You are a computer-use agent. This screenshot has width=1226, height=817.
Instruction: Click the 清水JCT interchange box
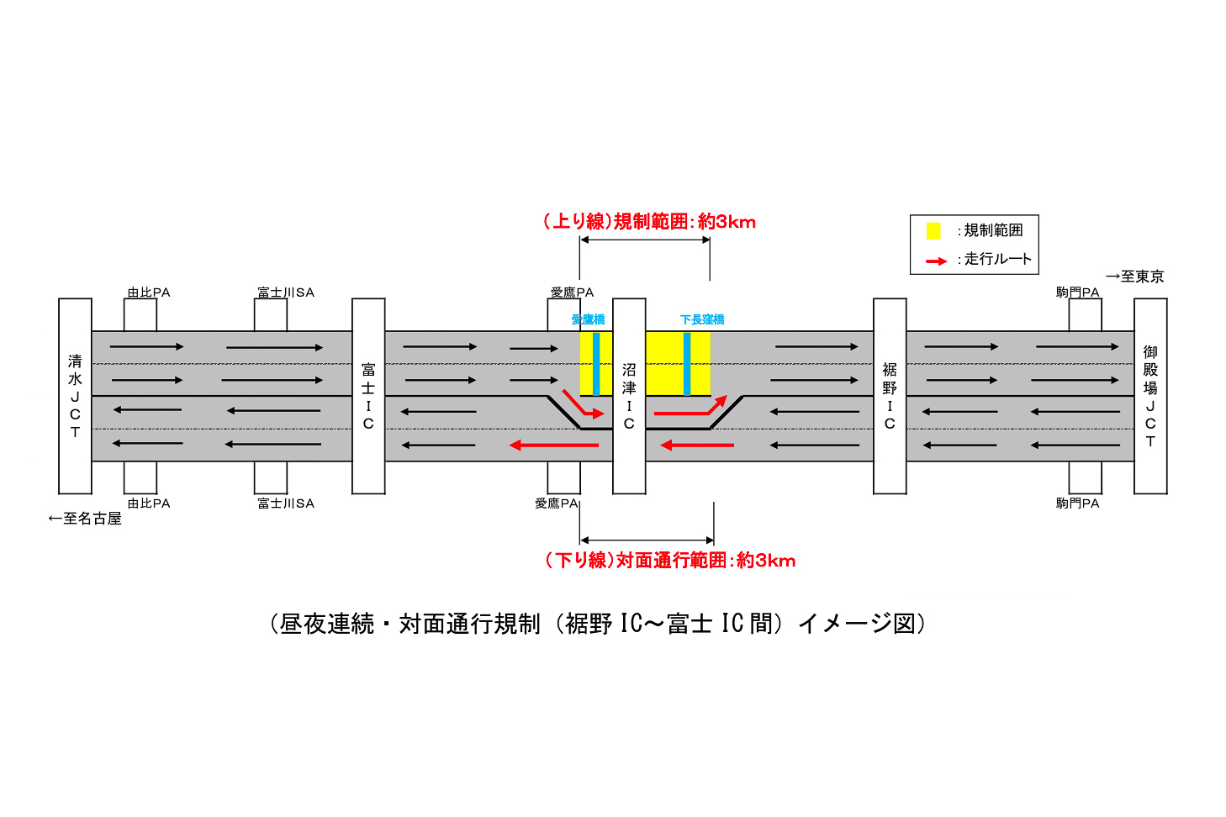[75, 396]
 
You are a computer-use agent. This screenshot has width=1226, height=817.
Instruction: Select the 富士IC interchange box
[368, 396]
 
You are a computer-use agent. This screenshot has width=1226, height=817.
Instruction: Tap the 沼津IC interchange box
[629, 396]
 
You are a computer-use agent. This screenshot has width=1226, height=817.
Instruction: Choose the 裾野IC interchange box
[890, 396]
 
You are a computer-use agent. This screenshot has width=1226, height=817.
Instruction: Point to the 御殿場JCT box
[1150, 396]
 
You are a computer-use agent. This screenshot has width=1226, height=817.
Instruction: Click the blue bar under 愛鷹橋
[596, 364]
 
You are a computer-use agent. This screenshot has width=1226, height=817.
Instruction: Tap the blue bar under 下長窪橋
[687, 364]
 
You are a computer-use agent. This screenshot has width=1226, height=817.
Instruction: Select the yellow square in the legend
[933, 231]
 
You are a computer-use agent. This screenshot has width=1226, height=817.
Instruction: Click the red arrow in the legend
[936, 261]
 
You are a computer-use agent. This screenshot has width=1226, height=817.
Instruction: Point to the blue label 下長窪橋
[702, 319]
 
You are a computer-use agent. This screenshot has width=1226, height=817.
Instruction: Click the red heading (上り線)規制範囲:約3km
[649, 222]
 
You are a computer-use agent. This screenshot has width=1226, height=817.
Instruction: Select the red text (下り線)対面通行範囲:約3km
[670, 561]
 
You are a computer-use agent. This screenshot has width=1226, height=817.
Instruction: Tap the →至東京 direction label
[1134, 277]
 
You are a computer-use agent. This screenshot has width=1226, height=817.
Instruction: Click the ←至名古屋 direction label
[85, 519]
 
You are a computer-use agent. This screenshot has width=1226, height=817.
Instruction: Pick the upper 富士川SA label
[286, 293]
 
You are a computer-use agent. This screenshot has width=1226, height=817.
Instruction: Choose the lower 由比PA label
[148, 503]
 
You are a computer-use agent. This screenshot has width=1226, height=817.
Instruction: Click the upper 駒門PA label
[1077, 293]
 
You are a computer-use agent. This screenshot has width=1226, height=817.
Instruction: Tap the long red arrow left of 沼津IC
[554, 445]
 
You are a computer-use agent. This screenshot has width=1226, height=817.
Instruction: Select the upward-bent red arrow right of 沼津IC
[690, 405]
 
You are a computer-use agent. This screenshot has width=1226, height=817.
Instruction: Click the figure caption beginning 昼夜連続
[598, 624]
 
